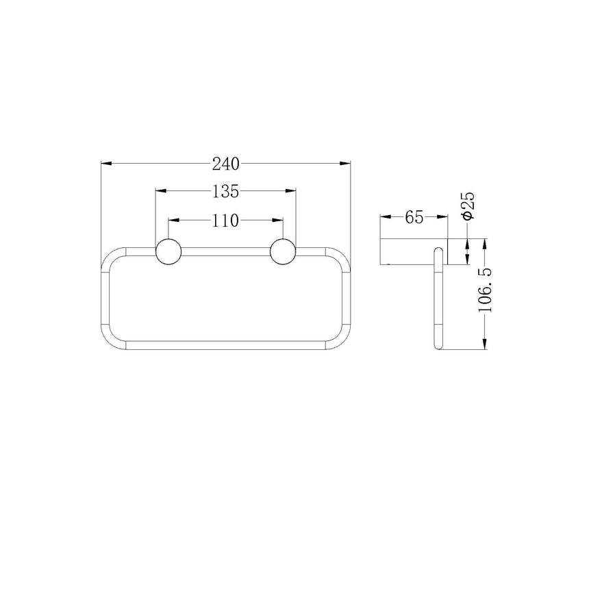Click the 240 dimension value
(x=225, y=164)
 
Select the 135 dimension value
(x=225, y=192)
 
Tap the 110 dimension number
(x=225, y=221)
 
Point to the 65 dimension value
(x=414, y=217)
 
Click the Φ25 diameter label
(x=468, y=205)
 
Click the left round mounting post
(x=168, y=251)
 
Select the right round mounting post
(x=283, y=251)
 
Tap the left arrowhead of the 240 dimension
(x=107, y=164)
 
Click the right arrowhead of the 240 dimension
(x=344, y=164)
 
